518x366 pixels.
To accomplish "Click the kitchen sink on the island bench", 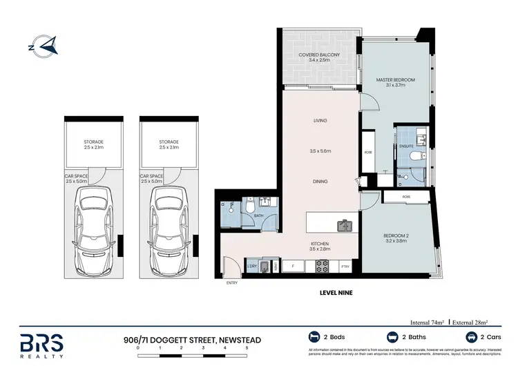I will tap(343, 225).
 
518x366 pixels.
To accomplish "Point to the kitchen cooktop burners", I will tap(321, 265).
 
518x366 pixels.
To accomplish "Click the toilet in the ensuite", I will tap(412, 158).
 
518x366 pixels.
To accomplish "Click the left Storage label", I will tap(93, 144).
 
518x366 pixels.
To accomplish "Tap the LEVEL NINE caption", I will tap(337, 293).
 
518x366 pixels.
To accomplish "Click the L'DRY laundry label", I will tap(252, 265).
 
